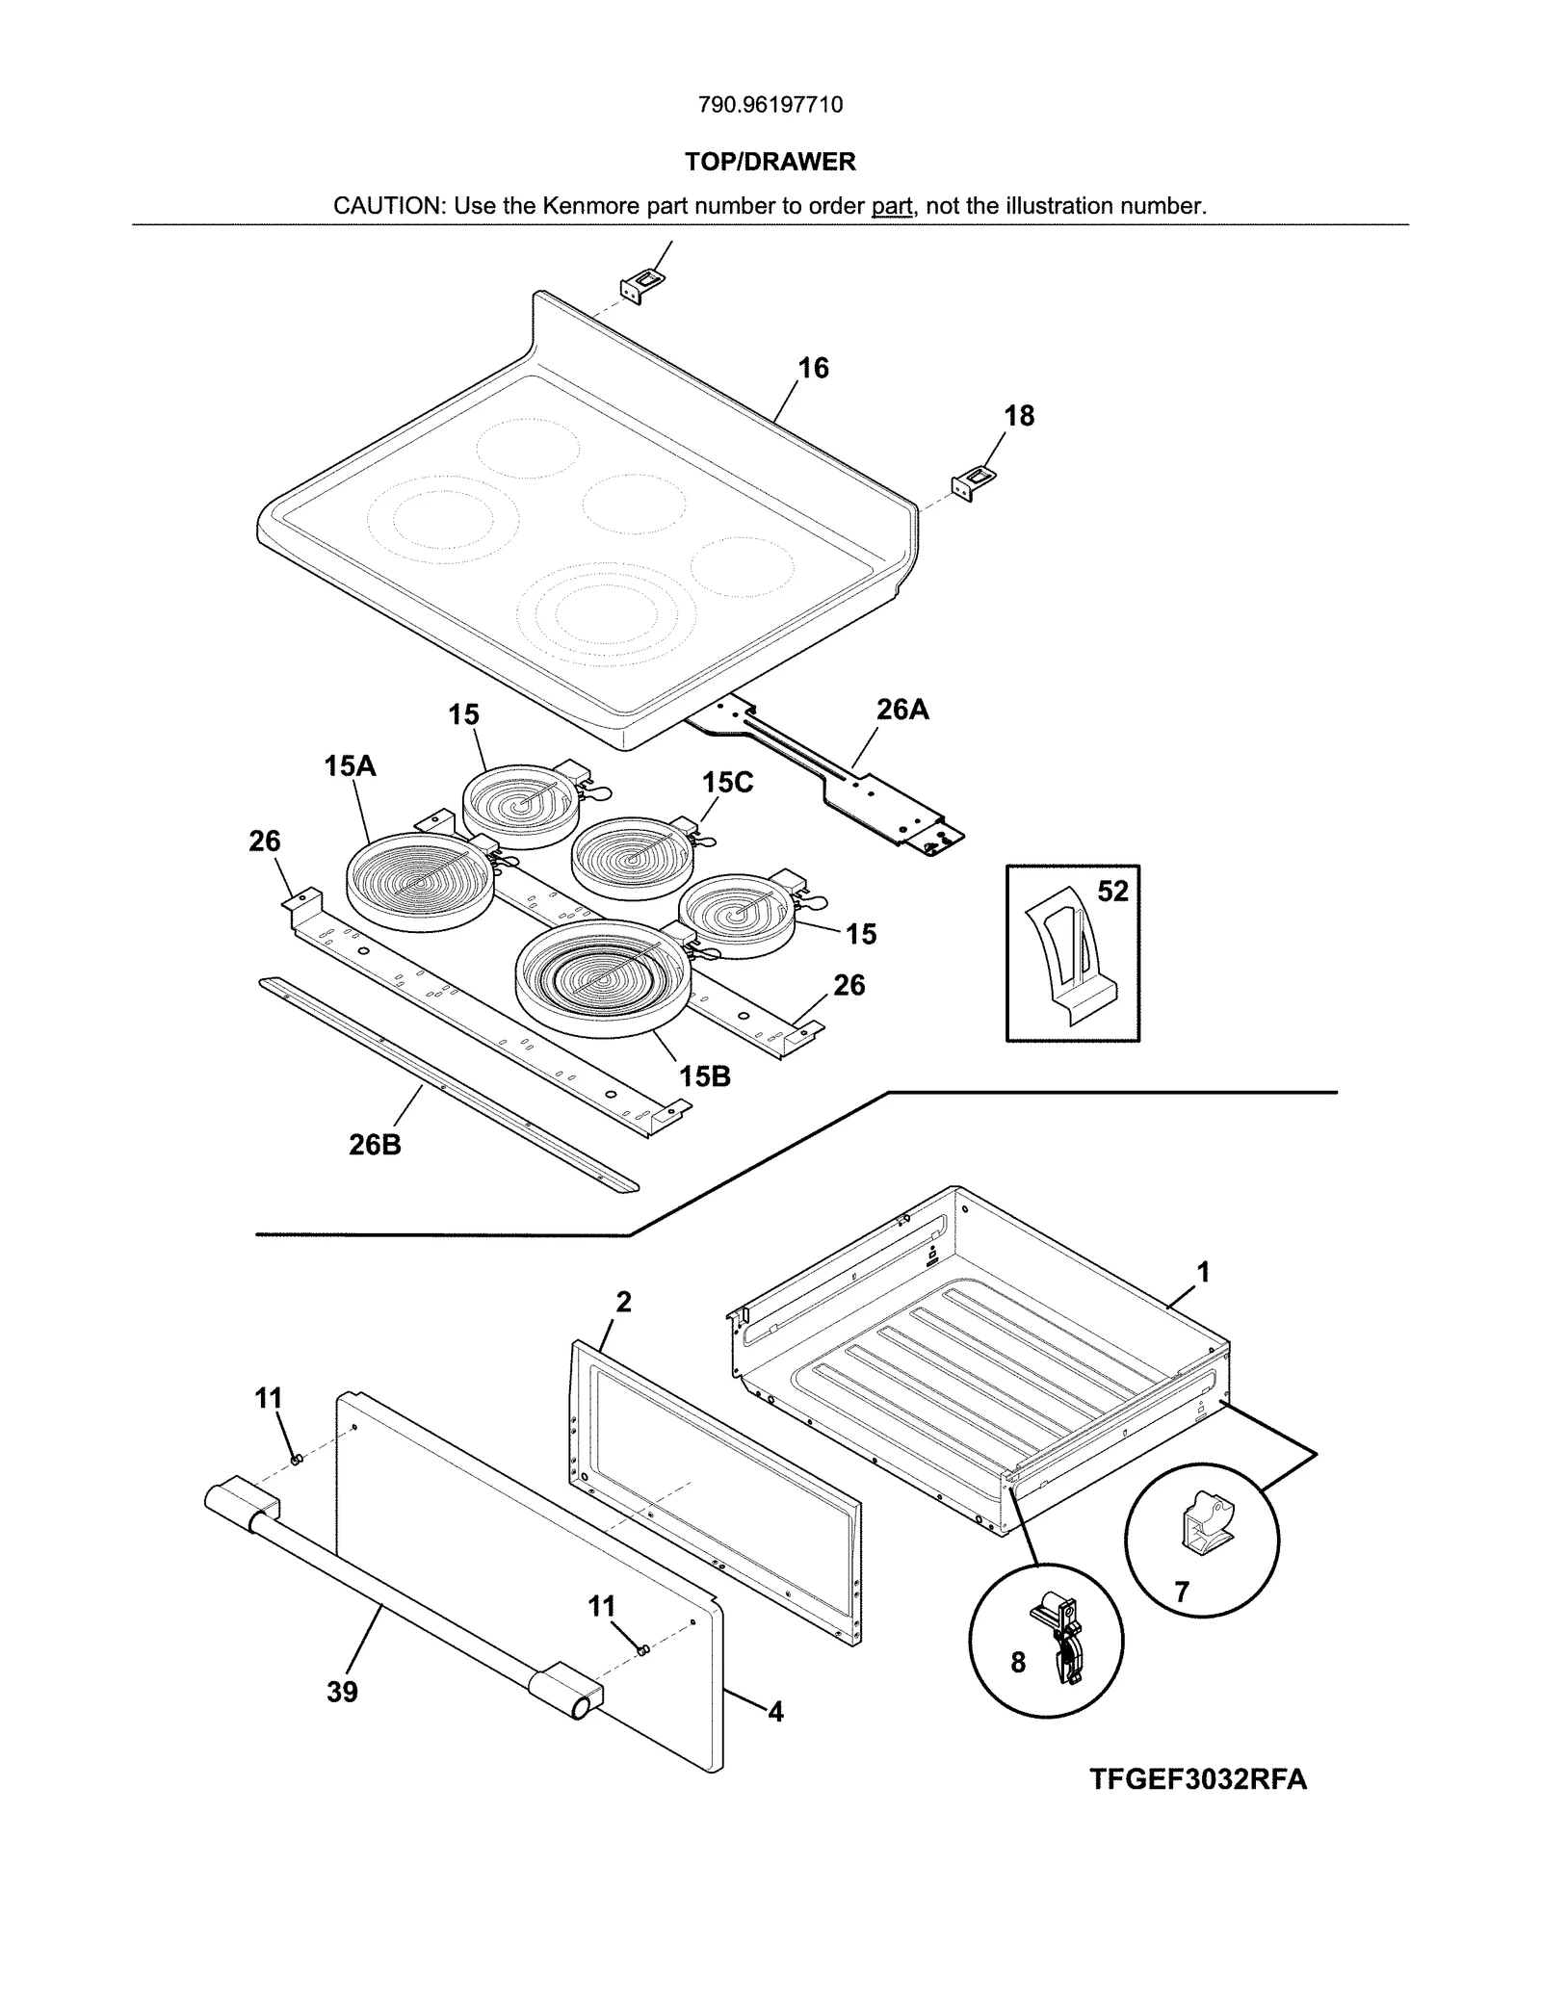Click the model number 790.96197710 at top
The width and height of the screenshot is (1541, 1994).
pos(770,105)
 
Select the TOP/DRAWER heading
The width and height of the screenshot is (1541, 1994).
pos(770,162)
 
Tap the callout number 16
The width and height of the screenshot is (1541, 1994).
pos(813,368)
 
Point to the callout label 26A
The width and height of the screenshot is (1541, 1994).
pos(902,710)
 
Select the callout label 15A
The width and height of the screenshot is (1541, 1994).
pos(350,766)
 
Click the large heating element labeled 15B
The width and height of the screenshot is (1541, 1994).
pos(603,979)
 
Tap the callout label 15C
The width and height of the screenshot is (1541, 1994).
pos(727,782)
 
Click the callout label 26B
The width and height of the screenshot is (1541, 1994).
pos(375,1145)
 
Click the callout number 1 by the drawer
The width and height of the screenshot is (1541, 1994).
pos(1203,1273)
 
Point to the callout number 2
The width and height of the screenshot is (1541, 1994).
pos(623,1302)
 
